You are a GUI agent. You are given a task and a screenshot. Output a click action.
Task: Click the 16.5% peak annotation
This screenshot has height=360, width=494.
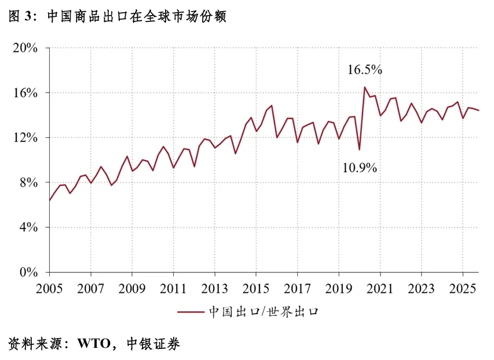pyautogui.click(x=365, y=70)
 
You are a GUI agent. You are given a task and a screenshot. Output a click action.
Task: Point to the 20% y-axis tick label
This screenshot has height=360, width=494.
pyautogui.click(x=25, y=48)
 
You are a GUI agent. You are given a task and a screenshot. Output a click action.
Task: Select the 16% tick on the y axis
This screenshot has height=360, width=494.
pyautogui.click(x=25, y=93)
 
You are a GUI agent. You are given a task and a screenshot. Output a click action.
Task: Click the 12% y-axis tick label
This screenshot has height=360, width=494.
pyautogui.click(x=25, y=138)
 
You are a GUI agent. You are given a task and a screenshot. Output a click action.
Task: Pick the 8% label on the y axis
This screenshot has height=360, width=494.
pyautogui.click(x=28, y=183)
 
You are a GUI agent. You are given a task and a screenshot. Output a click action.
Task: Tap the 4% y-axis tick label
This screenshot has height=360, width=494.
pyautogui.click(x=28, y=227)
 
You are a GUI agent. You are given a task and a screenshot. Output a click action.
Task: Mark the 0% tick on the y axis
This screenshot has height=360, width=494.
pyautogui.click(x=28, y=272)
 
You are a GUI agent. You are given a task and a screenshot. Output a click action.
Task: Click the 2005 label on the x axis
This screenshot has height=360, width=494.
pyautogui.click(x=49, y=288)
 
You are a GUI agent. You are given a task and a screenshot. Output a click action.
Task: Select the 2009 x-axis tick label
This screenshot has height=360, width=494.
pyautogui.click(x=132, y=288)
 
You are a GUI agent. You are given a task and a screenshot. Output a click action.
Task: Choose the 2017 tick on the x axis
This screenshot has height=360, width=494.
pyautogui.click(x=297, y=288)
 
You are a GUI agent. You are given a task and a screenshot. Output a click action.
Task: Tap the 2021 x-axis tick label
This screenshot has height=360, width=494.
pyautogui.click(x=380, y=288)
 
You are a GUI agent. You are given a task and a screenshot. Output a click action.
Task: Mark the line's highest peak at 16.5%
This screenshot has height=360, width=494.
pyautogui.click(x=365, y=88)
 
